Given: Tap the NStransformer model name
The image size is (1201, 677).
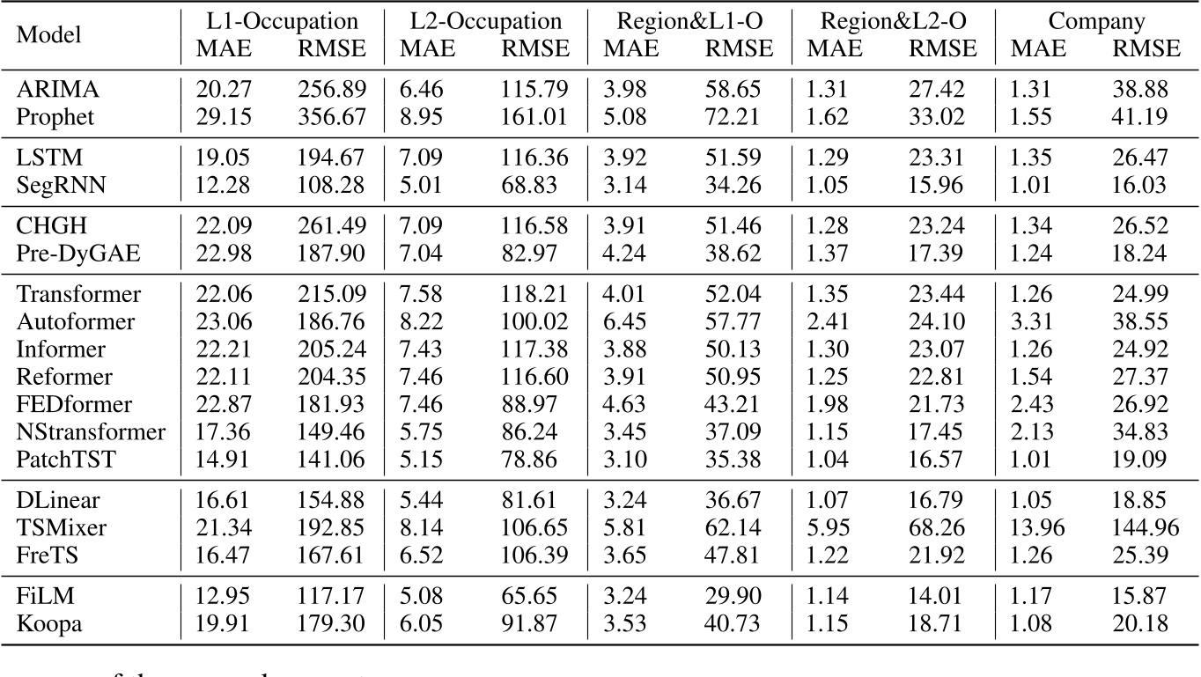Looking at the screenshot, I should coord(91,431).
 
